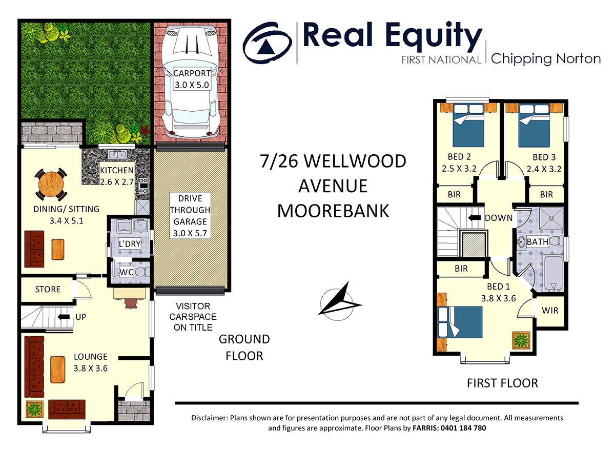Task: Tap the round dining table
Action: [51, 183]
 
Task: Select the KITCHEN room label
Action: [116, 170]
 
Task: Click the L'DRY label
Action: [129, 243]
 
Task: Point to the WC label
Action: [127, 272]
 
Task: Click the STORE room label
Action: [48, 290]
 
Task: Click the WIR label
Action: [550, 311]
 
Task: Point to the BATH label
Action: [537, 241]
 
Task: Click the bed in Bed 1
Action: [460, 322]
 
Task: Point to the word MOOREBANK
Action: [333, 210]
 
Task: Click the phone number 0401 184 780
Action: [460, 428]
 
